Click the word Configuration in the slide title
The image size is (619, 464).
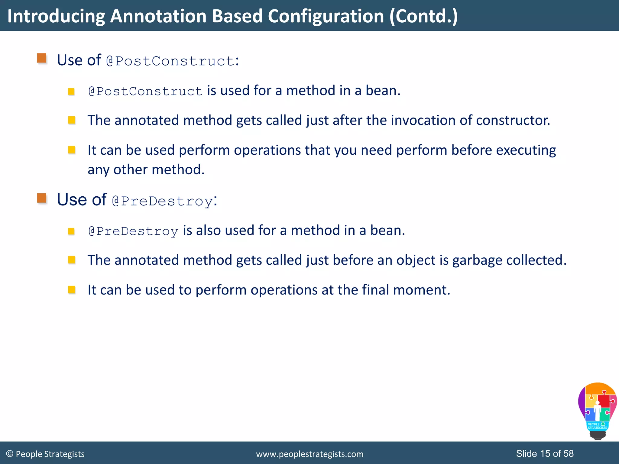coord(326,16)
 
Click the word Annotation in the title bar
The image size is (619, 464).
coord(158,16)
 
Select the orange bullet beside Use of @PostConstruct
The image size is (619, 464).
coord(42,58)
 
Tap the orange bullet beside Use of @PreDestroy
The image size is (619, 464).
coord(42,198)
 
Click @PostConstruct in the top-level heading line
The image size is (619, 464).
coord(170,61)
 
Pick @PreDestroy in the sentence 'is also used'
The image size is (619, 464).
coord(133,231)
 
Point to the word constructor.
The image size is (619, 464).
coord(513,121)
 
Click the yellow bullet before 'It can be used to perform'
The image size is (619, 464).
coord(72,290)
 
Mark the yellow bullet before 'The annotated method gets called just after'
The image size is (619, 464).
coord(72,121)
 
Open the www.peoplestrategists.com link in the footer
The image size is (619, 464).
coord(309,454)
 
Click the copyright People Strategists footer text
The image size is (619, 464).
coord(45,454)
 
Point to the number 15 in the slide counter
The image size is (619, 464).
coord(545,453)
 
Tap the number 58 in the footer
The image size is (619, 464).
coord(568,453)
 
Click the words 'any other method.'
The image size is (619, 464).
coord(146,170)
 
